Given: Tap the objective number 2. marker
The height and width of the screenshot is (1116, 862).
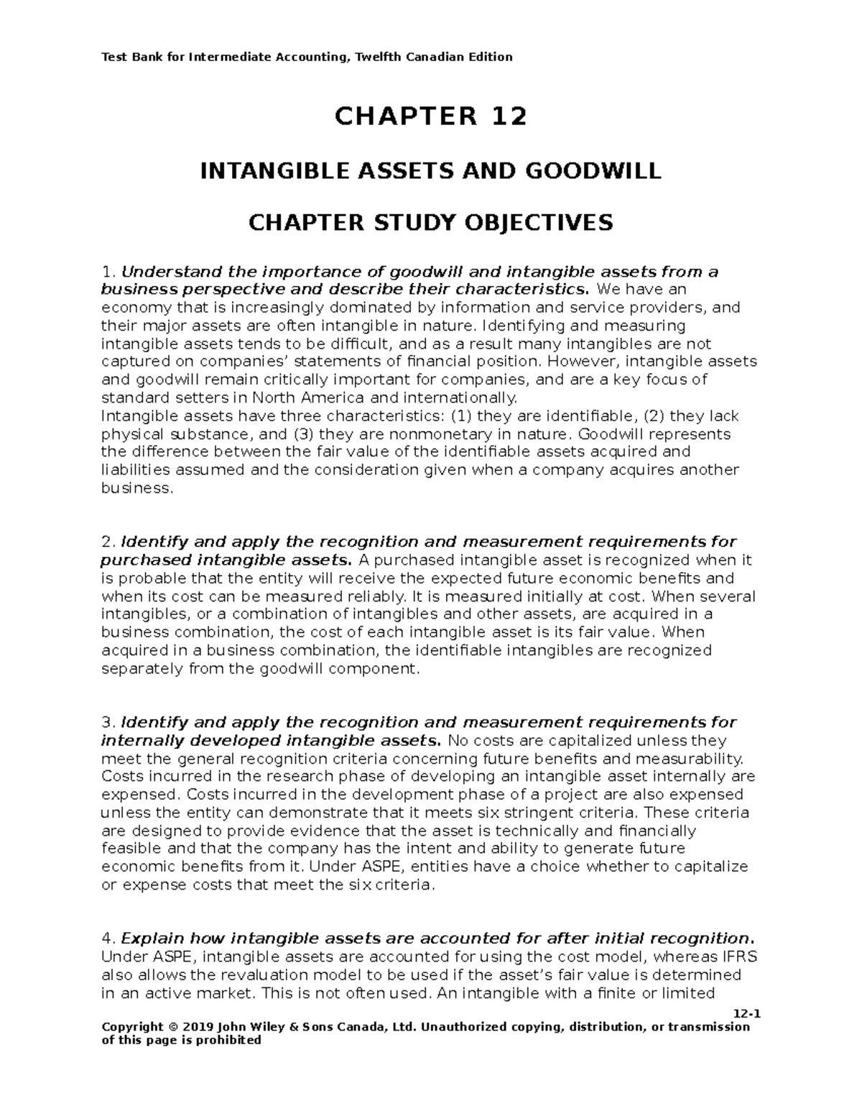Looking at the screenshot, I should (108, 542).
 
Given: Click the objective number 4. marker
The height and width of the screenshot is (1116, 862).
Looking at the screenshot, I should (108, 939).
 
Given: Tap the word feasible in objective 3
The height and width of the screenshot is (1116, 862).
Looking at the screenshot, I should (127, 849).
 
